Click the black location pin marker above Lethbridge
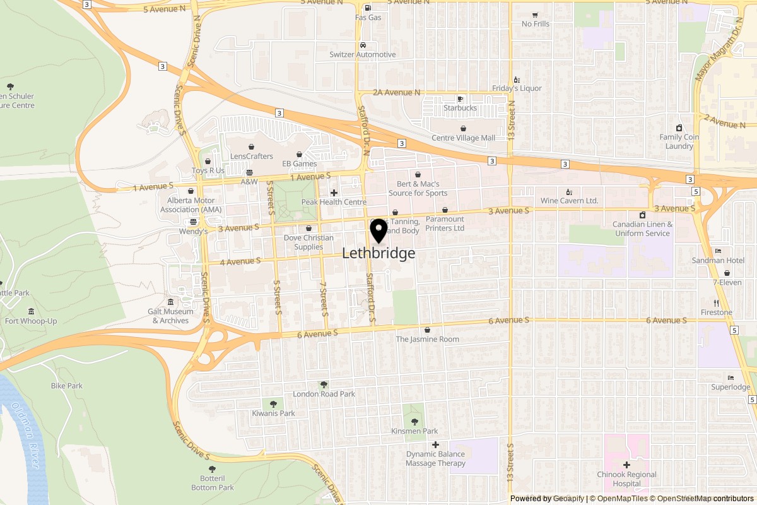pyautogui.click(x=378, y=230)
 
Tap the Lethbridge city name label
pyautogui.click(x=378, y=253)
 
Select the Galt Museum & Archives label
pyautogui.click(x=170, y=316)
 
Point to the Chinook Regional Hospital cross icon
pyautogui.click(x=626, y=465)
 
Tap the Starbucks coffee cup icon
pyautogui.click(x=460, y=98)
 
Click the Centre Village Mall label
pyautogui.click(x=463, y=138)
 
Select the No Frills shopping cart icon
pyautogui.click(x=535, y=15)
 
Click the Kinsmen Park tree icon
pyautogui.click(x=414, y=421)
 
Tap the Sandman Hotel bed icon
pyautogui.click(x=718, y=251)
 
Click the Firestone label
pyautogui.click(x=716, y=312)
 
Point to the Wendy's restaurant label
pyautogui.click(x=193, y=232)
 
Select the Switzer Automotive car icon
pyautogui.click(x=363, y=45)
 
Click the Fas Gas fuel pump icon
pyautogui.click(x=368, y=8)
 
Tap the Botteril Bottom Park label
pyautogui.click(x=213, y=483)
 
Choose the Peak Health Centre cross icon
pyautogui.click(x=334, y=193)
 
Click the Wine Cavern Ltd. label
pyautogui.click(x=569, y=201)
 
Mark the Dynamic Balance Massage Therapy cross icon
pyautogui.click(x=435, y=445)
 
